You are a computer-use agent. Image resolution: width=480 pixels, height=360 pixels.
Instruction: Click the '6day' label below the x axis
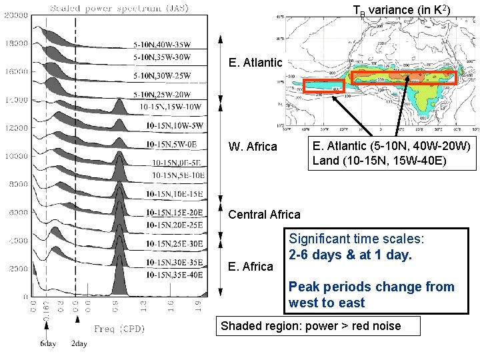pos(47,344)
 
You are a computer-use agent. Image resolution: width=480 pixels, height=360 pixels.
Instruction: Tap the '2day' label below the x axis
pos(79,344)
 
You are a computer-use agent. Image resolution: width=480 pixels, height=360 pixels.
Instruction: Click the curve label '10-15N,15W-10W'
pos(171,107)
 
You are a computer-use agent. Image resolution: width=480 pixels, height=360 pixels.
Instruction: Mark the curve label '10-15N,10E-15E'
pos(174,194)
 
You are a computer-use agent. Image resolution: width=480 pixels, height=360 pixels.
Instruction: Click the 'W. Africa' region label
pos(253,147)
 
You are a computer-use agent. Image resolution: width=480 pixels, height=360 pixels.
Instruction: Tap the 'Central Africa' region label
pos(264,215)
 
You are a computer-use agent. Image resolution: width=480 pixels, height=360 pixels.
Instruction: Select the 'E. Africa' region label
pos(251,267)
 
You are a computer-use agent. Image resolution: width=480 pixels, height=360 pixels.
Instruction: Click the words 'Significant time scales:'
pos(357,239)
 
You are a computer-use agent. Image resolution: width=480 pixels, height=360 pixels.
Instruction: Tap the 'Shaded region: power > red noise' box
pos(318,326)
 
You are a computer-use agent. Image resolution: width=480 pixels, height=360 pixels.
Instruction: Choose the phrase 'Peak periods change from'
pos(371,287)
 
